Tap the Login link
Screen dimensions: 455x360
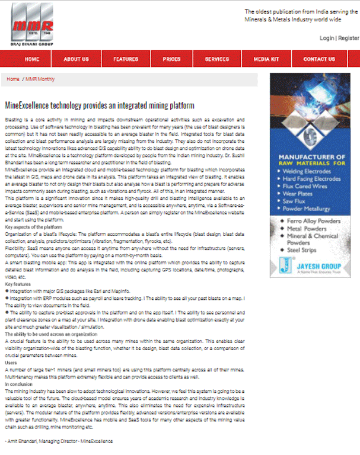pyautogui.click(x=326, y=38)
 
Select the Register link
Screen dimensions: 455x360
pyautogui.click(x=348, y=38)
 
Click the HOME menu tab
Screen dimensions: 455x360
pyautogui.click(x=32, y=59)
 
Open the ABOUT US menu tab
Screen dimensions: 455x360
pyautogui.click(x=76, y=59)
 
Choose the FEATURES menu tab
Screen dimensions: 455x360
pyautogui.click(x=126, y=59)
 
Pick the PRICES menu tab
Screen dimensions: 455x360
pyautogui.click(x=171, y=59)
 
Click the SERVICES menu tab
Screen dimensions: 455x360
pyautogui.click(x=217, y=59)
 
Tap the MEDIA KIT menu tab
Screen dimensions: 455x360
pyautogui.click(x=266, y=59)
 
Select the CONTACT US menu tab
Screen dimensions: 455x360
pyautogui.click(x=318, y=59)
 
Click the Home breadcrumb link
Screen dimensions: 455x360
pyautogui.click(x=13, y=79)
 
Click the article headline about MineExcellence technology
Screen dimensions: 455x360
pyautogui.click(x=100, y=105)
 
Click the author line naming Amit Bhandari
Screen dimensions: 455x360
pyautogui.click(x=58, y=441)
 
